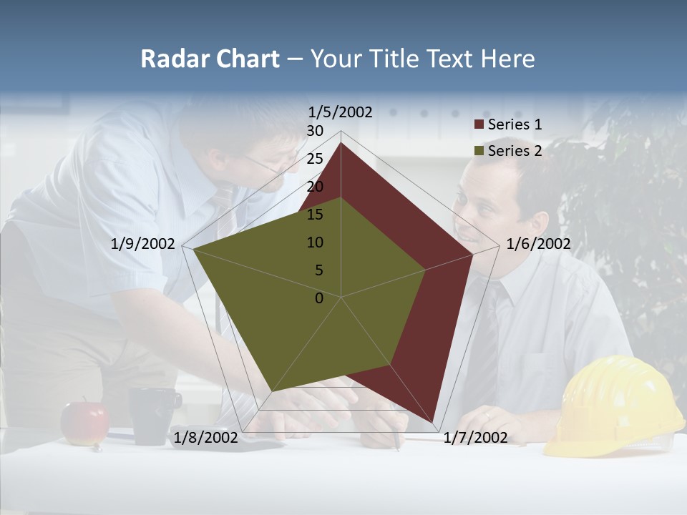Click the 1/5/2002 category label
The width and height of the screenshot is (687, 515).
tap(340, 112)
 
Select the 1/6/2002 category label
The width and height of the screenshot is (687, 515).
tap(538, 244)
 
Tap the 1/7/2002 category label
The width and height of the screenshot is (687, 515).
tap(475, 438)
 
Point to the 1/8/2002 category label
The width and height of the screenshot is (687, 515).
tap(205, 438)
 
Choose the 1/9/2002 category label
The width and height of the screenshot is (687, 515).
tap(142, 244)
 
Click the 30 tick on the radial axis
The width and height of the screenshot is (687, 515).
tap(315, 131)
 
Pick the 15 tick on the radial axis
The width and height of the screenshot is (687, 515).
tap(315, 215)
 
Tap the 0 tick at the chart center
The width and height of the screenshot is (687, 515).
tap(319, 298)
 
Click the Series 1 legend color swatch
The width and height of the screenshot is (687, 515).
tap(479, 124)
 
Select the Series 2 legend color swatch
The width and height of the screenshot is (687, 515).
tap(479, 151)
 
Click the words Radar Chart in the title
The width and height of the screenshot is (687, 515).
tap(210, 59)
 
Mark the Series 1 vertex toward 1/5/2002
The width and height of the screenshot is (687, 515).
tap(341, 143)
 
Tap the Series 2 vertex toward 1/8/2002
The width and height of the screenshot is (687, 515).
tap(271, 392)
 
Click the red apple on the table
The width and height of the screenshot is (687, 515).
tap(84, 423)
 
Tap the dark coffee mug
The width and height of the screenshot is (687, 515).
tap(152, 415)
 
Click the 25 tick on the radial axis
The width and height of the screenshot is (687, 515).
tap(315, 159)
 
